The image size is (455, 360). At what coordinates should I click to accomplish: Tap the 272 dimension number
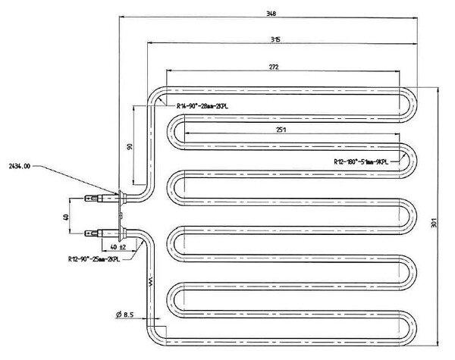point(274,67)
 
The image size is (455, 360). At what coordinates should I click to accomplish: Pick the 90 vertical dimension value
point(129,146)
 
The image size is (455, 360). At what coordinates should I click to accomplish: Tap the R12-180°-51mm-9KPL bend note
point(361,161)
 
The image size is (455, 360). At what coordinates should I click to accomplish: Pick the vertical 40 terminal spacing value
point(66,218)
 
